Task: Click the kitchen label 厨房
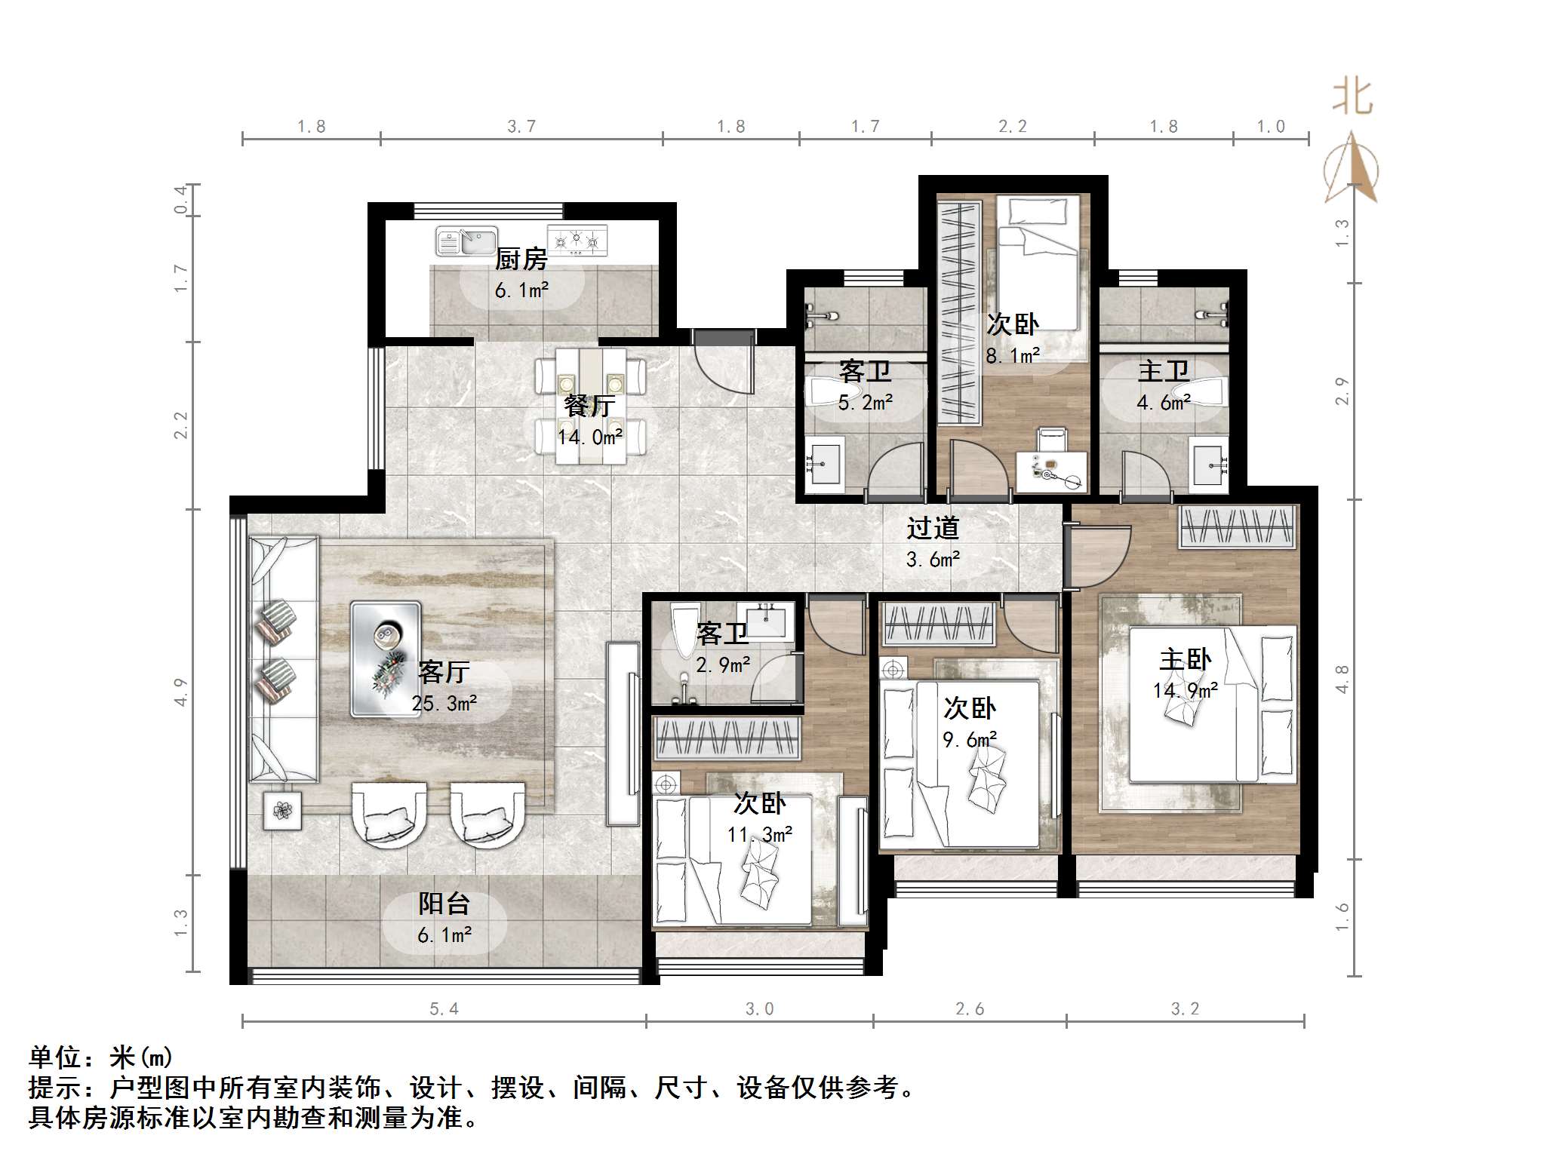point(521,259)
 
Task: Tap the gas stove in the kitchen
point(577,241)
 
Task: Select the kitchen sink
point(466,241)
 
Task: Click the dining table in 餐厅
point(591,406)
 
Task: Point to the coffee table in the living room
point(385,658)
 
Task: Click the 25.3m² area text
point(444,704)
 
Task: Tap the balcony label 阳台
point(444,903)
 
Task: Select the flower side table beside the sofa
point(282,810)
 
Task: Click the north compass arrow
point(1352,170)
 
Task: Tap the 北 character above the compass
point(1352,97)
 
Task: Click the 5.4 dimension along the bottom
point(444,1009)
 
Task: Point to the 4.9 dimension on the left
point(180,692)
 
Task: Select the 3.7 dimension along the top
point(521,127)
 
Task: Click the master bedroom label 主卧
point(1185,659)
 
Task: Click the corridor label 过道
point(933,528)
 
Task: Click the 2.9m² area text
point(723,665)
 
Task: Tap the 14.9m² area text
point(1185,691)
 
